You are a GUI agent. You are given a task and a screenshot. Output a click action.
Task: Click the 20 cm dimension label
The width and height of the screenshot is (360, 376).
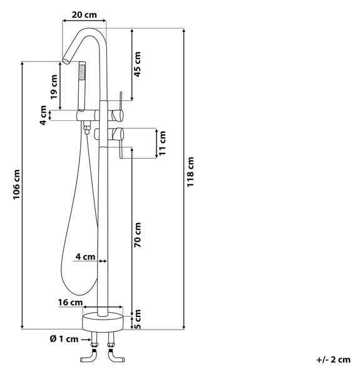point(84,15)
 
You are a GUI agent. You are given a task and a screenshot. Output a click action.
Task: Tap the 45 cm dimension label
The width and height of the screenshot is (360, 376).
point(137,65)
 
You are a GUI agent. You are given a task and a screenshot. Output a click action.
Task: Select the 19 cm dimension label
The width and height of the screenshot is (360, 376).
point(54,87)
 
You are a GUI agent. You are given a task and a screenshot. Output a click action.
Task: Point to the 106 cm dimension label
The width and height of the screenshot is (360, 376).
point(16,184)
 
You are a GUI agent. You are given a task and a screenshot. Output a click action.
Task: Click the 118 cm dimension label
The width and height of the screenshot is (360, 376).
point(190,172)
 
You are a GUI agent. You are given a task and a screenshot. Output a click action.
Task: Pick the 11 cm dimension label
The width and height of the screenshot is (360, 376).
point(162,143)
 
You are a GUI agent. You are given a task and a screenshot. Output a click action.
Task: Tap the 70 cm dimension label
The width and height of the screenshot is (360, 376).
point(137,235)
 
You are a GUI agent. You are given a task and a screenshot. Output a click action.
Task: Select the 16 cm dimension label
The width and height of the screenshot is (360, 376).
point(70,303)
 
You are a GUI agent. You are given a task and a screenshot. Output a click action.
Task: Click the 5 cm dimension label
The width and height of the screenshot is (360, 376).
point(137,319)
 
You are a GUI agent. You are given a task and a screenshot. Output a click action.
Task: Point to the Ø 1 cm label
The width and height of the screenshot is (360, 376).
point(64,339)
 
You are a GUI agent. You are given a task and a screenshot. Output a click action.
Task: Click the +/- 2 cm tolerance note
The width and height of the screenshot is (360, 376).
point(333,360)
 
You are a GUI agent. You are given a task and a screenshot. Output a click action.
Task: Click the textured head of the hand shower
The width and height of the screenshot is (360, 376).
point(82,71)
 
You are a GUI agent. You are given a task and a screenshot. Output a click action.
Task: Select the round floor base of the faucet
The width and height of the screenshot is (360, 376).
point(103,322)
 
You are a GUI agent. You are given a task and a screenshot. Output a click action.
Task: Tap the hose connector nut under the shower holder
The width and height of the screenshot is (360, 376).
point(86,128)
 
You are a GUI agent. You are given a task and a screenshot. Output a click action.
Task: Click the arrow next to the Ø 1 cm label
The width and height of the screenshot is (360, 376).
point(86,340)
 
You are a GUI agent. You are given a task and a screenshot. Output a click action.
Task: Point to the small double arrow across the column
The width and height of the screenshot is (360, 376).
point(103,261)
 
